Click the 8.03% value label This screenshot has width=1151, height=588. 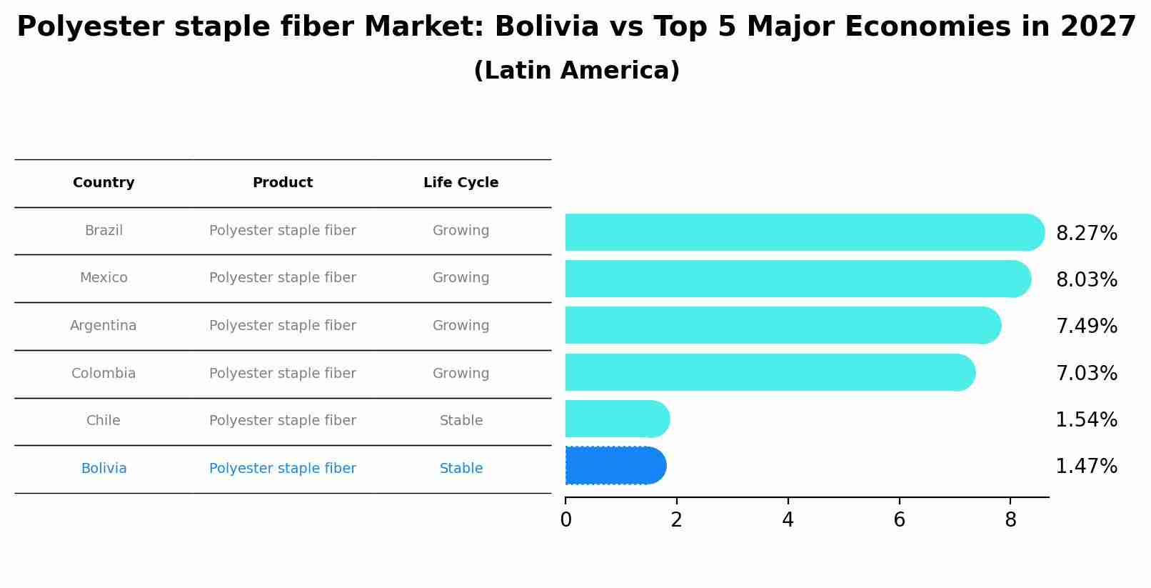tap(1086, 280)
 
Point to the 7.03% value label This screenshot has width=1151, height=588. tap(1086, 374)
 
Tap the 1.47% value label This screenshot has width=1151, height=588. tap(1086, 467)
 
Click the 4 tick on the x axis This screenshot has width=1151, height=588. tap(788, 520)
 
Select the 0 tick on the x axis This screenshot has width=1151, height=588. tap(566, 520)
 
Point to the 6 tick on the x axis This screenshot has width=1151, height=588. tap(899, 520)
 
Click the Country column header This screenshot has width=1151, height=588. tap(104, 183)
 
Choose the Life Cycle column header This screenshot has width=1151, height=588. tap(461, 183)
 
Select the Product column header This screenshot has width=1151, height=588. tap(283, 183)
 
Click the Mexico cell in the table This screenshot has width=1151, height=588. tap(104, 278)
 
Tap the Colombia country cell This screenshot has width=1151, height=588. tap(104, 374)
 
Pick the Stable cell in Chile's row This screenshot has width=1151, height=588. tap(461, 421)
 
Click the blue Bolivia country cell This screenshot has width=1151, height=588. tap(104, 469)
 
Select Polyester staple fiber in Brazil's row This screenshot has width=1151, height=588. tap(283, 231)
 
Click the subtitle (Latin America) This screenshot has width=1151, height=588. tap(576, 71)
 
